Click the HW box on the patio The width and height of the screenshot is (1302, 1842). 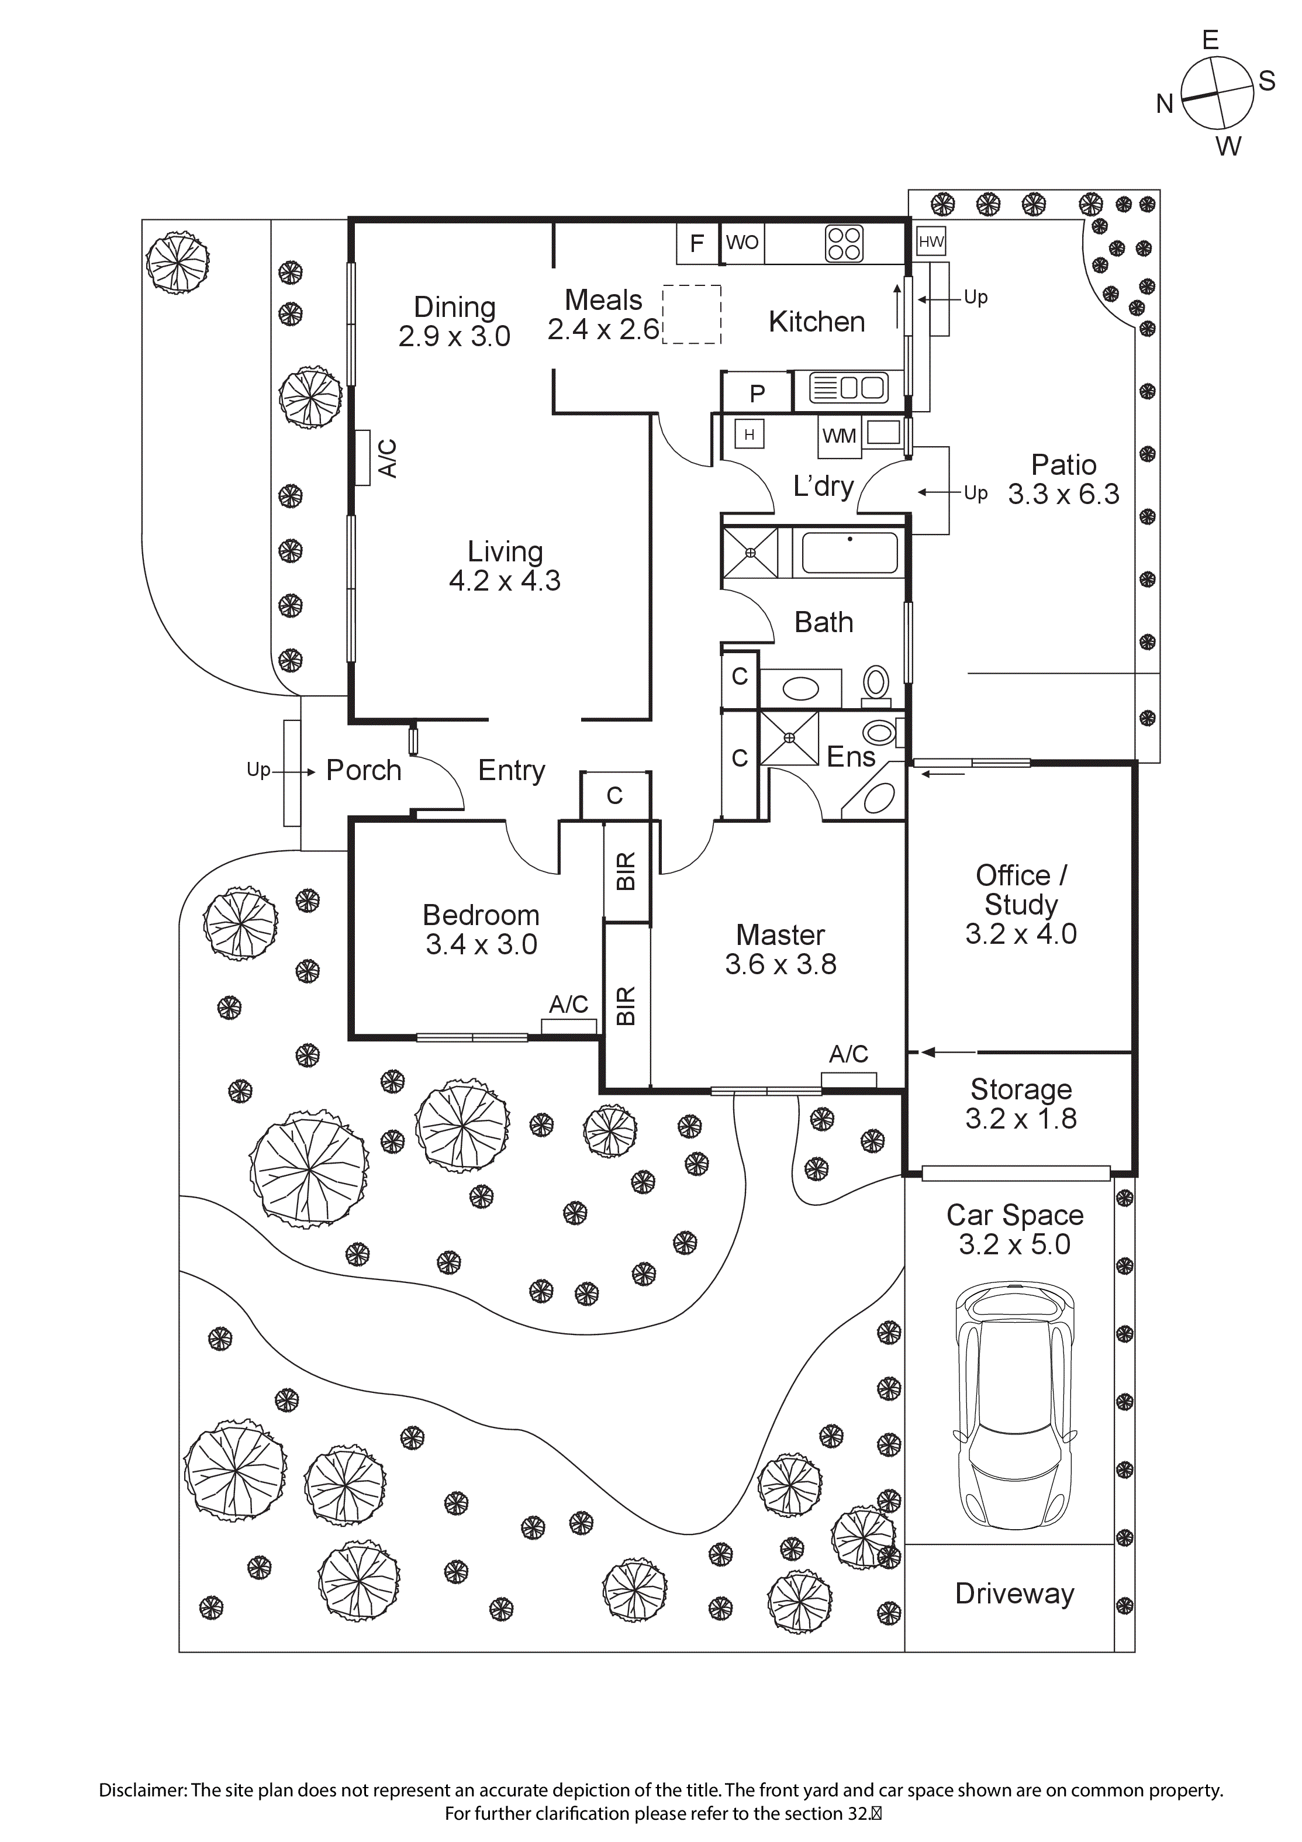[931, 242]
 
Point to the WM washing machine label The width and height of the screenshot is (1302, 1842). [839, 436]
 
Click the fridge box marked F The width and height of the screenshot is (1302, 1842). [697, 243]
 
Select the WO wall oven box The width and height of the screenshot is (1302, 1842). [742, 242]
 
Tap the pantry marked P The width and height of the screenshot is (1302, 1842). [757, 393]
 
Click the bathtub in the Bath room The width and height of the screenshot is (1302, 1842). [849, 552]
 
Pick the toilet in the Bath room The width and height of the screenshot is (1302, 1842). [876, 686]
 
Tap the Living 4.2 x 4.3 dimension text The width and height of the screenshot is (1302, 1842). [505, 581]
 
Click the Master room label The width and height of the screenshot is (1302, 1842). [780, 934]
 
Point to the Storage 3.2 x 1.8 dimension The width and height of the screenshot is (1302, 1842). [1020, 1118]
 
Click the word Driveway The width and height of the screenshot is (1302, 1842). [1014, 1593]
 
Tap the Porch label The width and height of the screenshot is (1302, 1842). [364, 770]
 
